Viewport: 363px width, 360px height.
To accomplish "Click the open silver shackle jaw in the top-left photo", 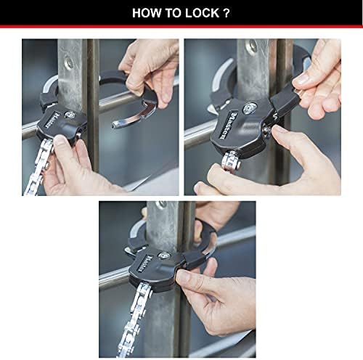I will pos(142,108).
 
